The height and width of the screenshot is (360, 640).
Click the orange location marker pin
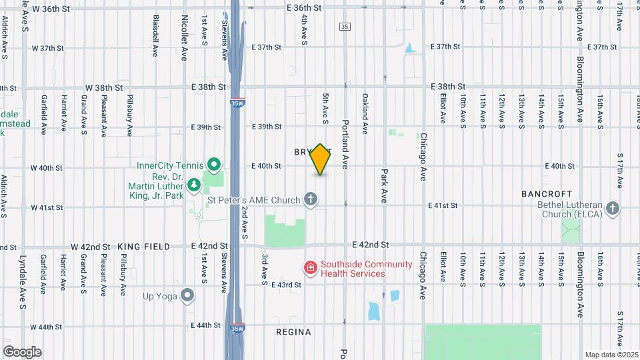click(321, 159)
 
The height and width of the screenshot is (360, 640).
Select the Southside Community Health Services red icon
click(310, 268)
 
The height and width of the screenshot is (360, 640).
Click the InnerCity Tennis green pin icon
click(213, 164)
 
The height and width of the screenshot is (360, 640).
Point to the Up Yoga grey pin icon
click(188, 294)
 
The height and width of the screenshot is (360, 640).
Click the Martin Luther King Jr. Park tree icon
click(193, 184)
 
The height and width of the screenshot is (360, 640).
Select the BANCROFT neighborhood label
click(547, 193)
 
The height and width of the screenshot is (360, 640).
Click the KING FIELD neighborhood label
click(141, 247)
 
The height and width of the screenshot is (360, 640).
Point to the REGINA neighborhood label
click(293, 331)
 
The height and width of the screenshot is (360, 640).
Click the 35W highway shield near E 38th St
click(239, 102)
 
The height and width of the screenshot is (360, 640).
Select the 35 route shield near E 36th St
click(344, 26)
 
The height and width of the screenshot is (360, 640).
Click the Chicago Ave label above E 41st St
click(423, 157)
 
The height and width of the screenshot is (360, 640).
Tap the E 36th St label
click(305, 7)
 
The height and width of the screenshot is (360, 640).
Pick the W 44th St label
click(46, 327)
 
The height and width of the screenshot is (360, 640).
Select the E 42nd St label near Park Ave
click(370, 246)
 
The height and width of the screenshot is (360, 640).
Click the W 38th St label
click(105, 87)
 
